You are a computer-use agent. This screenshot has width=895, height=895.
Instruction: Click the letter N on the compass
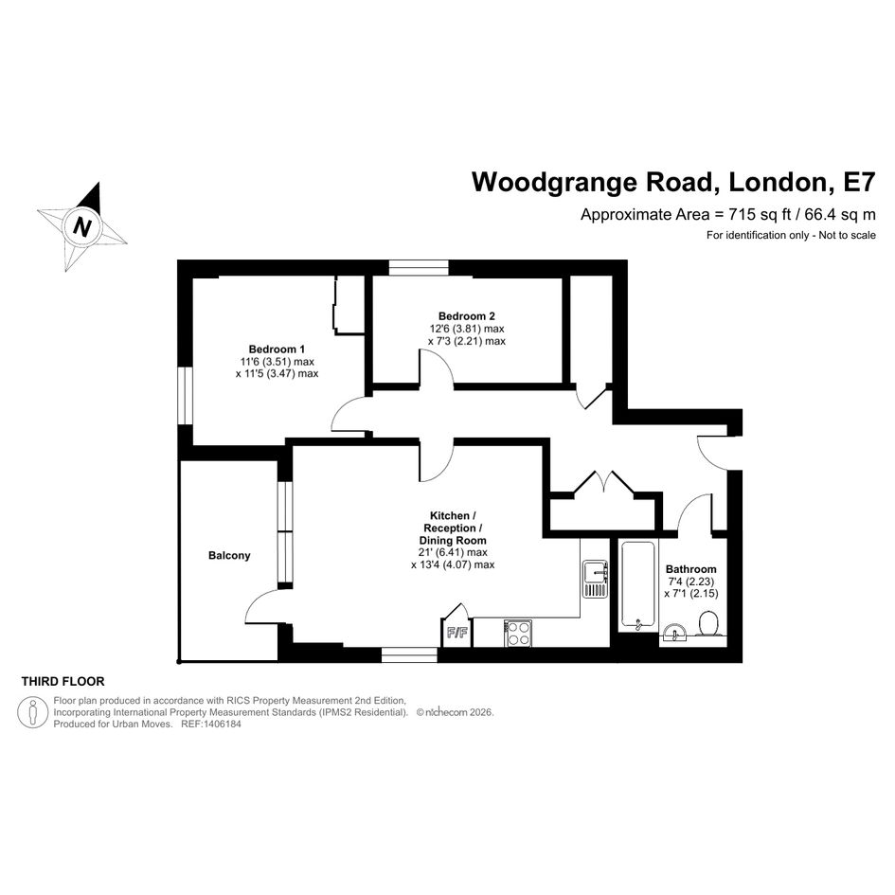(82, 227)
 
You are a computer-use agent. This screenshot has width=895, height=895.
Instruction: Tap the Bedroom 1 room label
(277, 349)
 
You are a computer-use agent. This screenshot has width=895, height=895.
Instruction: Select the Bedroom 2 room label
(466, 315)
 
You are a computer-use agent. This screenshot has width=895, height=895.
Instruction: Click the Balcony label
(229, 555)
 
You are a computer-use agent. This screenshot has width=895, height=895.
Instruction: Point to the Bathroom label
(690, 569)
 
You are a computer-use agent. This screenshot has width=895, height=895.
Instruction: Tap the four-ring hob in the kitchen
(518, 634)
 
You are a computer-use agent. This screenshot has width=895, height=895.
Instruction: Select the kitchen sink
(595, 580)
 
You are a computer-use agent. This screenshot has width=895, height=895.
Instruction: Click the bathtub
(637, 585)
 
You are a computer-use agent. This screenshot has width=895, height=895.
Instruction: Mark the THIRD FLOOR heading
(63, 682)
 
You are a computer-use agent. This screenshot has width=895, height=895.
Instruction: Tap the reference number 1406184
(221, 724)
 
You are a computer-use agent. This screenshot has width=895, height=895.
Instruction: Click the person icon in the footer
(32, 712)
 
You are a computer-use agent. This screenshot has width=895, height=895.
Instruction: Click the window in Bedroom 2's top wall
(419, 268)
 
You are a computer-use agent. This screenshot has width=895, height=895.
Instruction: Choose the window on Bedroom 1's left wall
(185, 396)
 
